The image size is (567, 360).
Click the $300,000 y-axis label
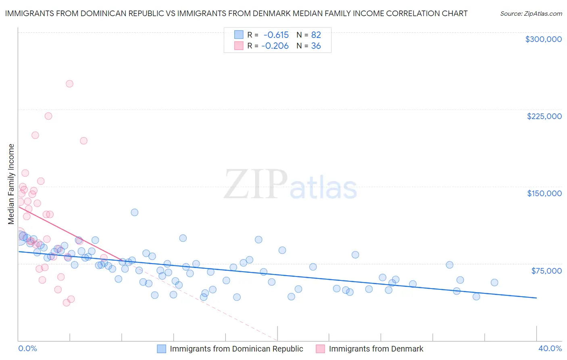[543, 39]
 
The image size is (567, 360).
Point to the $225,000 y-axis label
[544, 116]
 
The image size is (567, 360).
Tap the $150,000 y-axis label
[544, 193]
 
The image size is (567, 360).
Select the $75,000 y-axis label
[546, 271]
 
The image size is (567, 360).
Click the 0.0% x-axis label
[27, 348]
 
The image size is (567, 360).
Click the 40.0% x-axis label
[550, 348]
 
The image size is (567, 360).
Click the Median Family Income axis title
[11, 184]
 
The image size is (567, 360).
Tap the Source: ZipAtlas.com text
[531, 14]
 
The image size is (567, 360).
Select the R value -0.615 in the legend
[276, 35]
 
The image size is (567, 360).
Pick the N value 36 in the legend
[316, 46]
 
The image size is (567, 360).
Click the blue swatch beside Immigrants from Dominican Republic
[161, 349]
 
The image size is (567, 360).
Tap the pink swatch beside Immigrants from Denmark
[320, 349]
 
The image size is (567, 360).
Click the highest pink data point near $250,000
[69, 84]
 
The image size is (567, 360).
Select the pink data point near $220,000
[48, 116]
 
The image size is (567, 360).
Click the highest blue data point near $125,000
[135, 212]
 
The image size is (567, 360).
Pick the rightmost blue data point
[494, 283]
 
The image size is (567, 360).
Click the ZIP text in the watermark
[255, 184]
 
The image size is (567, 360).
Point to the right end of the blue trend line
[536, 298]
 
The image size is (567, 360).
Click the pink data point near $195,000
[84, 141]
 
